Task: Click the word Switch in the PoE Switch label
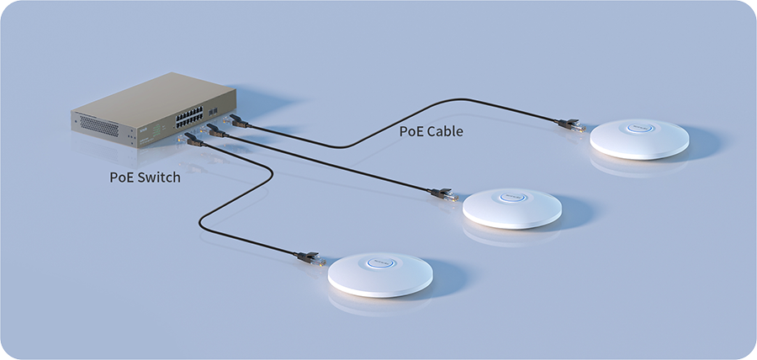click(x=159, y=177)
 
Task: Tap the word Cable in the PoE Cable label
click(x=445, y=130)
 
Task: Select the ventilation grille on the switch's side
click(x=99, y=125)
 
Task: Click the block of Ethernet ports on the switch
click(x=188, y=118)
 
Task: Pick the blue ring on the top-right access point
click(x=640, y=128)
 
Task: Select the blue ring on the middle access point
click(x=513, y=197)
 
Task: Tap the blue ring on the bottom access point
click(x=380, y=262)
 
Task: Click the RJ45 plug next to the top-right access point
click(x=572, y=125)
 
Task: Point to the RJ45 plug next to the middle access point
click(x=444, y=194)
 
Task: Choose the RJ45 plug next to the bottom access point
click(x=311, y=258)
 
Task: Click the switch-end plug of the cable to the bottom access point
click(x=191, y=139)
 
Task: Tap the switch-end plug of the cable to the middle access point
click(x=213, y=130)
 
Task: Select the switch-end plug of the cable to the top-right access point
click(x=236, y=121)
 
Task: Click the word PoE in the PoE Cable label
click(x=411, y=130)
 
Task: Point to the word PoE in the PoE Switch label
click(x=122, y=177)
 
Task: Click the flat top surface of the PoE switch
click(x=154, y=93)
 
